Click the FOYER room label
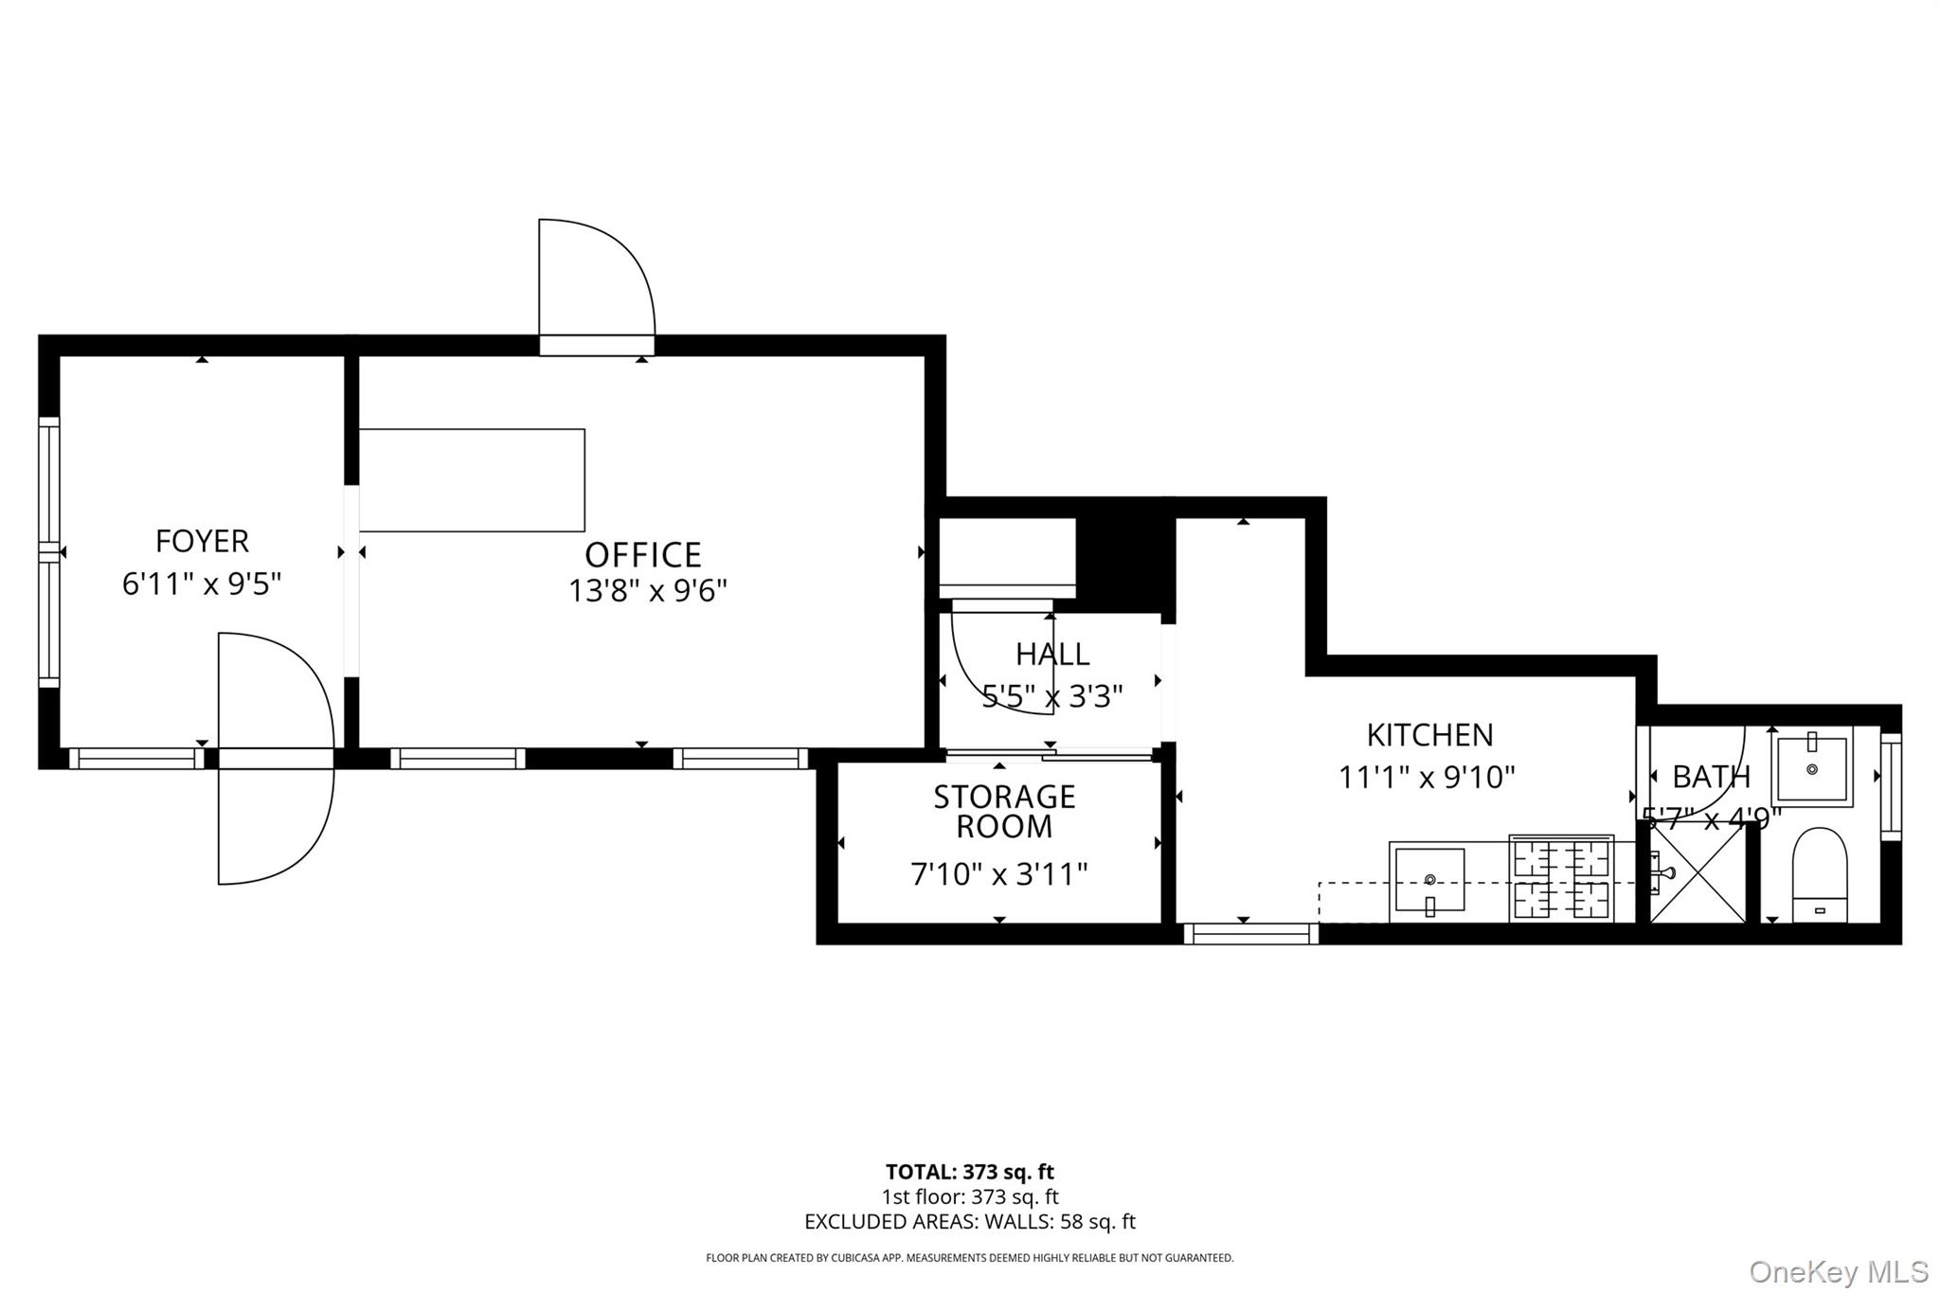pos(202,541)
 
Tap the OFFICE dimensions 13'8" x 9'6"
pos(647,591)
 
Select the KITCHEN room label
pos(1429,735)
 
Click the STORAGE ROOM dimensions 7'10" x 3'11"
pos(998,873)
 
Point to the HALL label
pos(1052,654)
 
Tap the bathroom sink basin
pos(1811,769)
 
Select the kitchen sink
pos(1429,881)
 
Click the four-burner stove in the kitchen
pos(1561,879)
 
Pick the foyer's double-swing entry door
pos(275,758)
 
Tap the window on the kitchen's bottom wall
pos(1250,934)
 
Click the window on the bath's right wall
pos(1890,786)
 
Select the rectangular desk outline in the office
pos(472,480)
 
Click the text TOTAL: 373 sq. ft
pos(969,1173)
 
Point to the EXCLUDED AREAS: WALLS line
pos(969,1222)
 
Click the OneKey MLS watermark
pos(1838,1270)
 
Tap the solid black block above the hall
pos(1125,559)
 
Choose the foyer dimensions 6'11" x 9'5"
pos(202,584)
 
